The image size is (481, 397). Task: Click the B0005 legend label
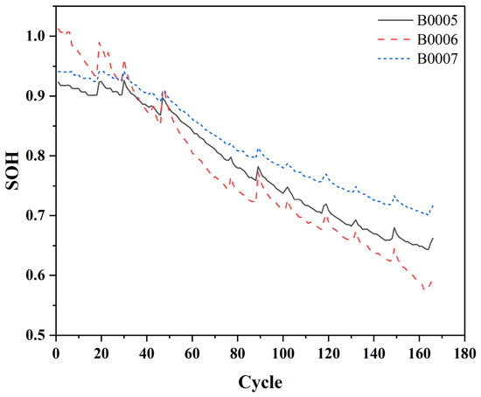(x=437, y=20)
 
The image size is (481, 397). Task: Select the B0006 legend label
(x=437, y=39)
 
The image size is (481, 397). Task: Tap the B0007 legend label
(x=437, y=59)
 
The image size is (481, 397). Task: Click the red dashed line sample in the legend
(x=395, y=39)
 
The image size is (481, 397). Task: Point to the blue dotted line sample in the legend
(x=395, y=59)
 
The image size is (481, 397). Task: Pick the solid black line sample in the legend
(x=395, y=20)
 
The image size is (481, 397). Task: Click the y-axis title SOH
(x=12, y=171)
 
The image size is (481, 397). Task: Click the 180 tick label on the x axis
(x=464, y=354)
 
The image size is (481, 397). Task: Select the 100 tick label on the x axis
(x=282, y=354)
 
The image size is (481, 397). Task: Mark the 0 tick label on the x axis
(x=56, y=354)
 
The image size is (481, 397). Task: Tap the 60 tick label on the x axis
(x=192, y=354)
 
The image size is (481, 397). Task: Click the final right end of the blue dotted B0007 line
(x=433, y=205)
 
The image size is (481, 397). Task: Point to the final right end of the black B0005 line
(x=433, y=238)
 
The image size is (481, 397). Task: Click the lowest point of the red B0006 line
(x=424, y=289)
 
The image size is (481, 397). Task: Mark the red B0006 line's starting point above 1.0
(x=58, y=28)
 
